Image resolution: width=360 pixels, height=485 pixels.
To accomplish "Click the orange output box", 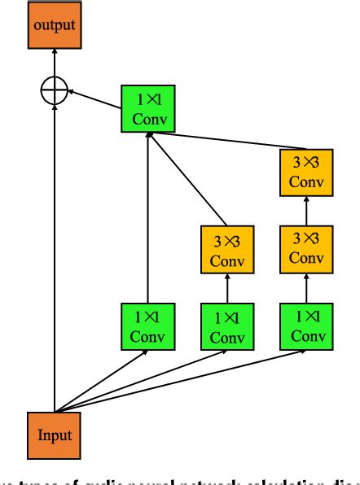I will pyautogui.click(x=55, y=25).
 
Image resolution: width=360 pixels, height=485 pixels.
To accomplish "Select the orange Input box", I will pyautogui.click(x=55, y=434).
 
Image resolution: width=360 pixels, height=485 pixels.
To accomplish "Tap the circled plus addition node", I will pyautogui.click(x=55, y=90).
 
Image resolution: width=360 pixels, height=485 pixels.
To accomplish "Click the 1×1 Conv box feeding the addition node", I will pyautogui.click(x=147, y=109).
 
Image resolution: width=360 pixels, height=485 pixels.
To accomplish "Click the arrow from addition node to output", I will pyautogui.click(x=55, y=61).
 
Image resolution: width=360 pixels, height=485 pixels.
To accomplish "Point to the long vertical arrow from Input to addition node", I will pyautogui.click(x=55, y=260).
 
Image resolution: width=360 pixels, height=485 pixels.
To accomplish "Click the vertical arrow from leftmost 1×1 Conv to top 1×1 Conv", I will pyautogui.click(x=147, y=220).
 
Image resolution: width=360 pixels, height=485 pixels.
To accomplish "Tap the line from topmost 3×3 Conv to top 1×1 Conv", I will pyautogui.click(x=228, y=142).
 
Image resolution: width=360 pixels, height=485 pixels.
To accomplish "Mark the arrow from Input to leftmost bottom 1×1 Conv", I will pyautogui.click(x=102, y=382).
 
